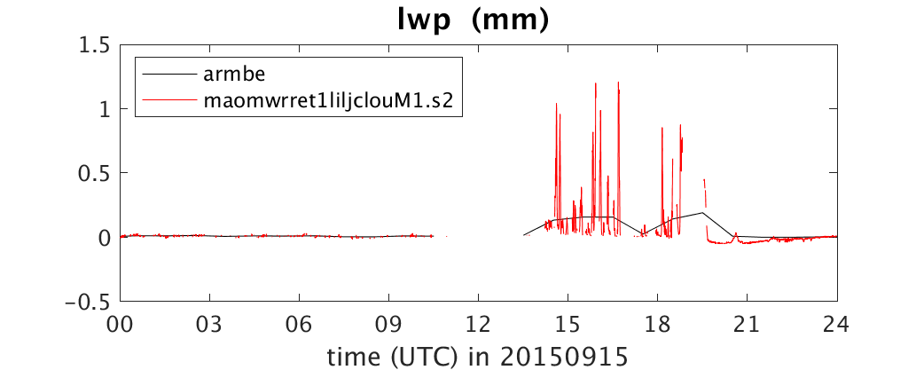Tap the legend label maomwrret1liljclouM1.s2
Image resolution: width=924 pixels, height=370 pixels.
(x=329, y=100)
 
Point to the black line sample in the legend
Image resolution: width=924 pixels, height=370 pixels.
(x=168, y=75)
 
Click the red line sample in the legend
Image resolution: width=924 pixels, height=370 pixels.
(x=168, y=100)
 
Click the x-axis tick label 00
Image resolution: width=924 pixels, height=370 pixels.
(x=121, y=325)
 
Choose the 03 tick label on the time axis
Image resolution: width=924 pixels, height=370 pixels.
(x=210, y=325)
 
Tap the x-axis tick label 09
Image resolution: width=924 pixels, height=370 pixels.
(x=389, y=325)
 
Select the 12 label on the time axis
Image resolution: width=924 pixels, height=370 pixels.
(x=479, y=325)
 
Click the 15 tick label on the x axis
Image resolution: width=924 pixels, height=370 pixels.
(x=568, y=325)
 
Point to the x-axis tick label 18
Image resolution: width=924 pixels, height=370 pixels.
(x=658, y=325)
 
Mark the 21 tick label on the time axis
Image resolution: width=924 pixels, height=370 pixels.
(x=748, y=325)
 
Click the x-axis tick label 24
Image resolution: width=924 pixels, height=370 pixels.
(x=837, y=325)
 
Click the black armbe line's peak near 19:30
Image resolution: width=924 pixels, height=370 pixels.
(x=703, y=213)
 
